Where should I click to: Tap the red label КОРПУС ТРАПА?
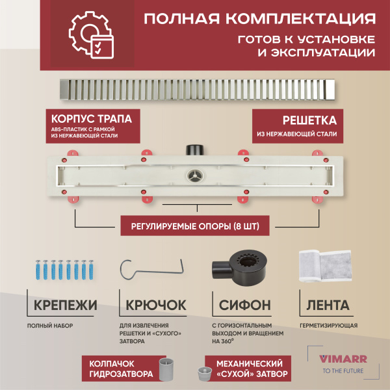87,120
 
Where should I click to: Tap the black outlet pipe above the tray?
195,149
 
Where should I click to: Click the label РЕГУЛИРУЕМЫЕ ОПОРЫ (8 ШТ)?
194,226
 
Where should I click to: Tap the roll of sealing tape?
323,267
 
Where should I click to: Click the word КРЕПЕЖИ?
63,305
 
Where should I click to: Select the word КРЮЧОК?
154,305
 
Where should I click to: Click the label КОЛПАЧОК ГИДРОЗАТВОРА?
118,367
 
